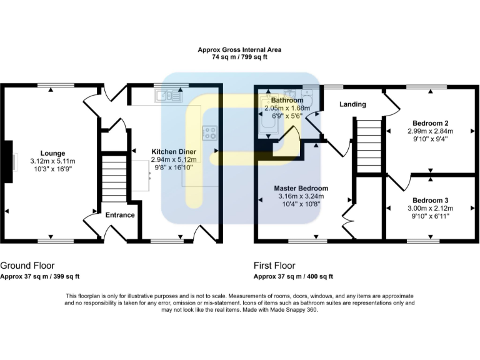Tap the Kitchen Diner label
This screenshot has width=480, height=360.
174,151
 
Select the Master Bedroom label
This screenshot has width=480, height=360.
301,188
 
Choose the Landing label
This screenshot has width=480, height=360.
352,104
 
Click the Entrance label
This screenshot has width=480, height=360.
120,215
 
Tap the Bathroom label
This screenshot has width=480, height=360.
287,100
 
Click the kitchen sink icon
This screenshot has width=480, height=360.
169,96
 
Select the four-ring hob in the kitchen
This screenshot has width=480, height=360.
209,132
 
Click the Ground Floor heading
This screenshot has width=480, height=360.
26,266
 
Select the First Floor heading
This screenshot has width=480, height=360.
274,266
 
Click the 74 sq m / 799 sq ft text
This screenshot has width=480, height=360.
240,57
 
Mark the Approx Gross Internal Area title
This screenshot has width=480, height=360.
240,49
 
